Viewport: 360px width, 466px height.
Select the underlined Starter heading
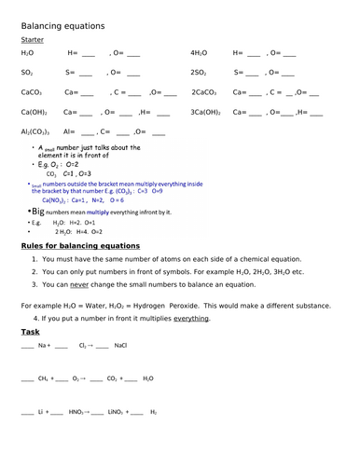(32, 40)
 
